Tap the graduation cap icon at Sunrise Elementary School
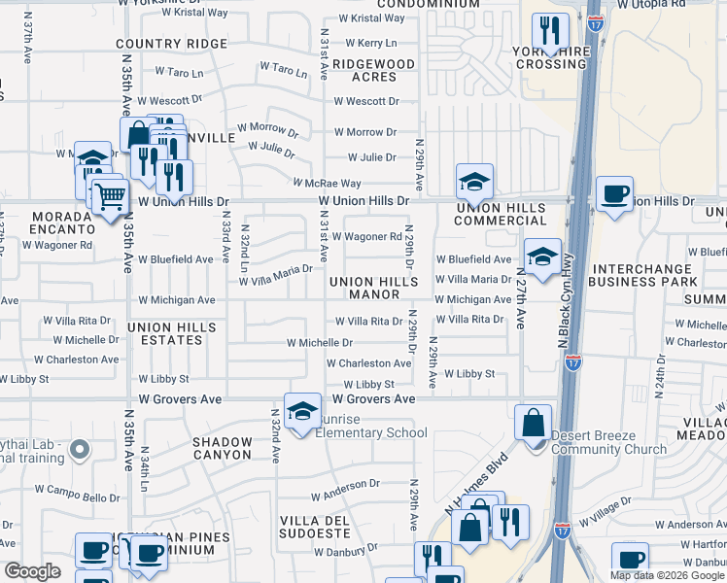pos(303,412)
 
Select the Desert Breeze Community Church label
pos(609,442)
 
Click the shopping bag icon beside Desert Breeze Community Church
pos(533,423)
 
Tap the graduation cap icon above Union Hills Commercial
pos(474,182)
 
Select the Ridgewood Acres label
pos(374,70)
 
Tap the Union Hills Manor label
pos(378,288)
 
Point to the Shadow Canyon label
pos(223,448)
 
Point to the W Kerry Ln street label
pos(364,43)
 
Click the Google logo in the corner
pos(32,571)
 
